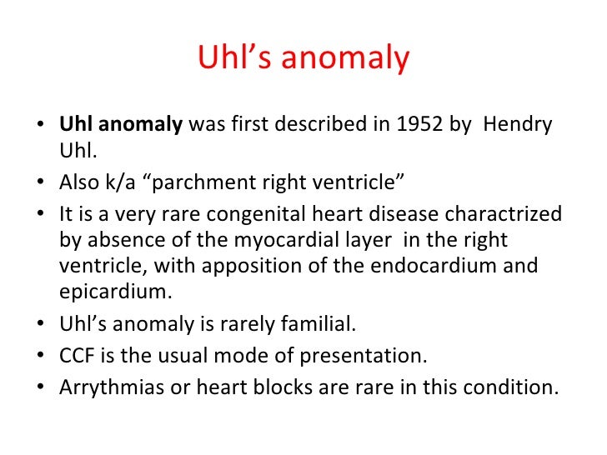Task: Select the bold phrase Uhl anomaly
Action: click(x=121, y=125)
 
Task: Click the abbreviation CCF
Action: click(x=78, y=357)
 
